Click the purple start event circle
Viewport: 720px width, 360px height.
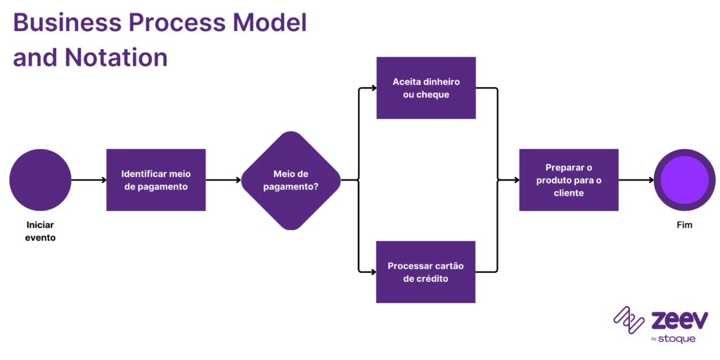40,180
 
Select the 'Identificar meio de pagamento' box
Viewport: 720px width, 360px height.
156,180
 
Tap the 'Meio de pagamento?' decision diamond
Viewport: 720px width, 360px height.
290,180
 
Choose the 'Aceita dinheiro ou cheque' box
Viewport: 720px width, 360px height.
426,88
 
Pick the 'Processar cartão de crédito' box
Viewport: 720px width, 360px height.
426,272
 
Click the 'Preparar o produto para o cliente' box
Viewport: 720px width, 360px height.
569,180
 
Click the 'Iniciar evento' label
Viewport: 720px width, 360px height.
40,231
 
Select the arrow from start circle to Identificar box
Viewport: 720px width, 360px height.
89,180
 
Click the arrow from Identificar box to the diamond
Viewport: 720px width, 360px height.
224,180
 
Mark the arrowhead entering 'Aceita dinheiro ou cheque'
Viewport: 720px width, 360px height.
372,89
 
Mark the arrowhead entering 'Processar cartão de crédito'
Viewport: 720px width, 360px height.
372,272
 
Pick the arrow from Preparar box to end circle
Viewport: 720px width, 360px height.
636,180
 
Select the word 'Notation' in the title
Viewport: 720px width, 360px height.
116,57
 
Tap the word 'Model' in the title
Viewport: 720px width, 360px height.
270,23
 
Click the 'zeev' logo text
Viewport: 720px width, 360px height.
679,320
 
